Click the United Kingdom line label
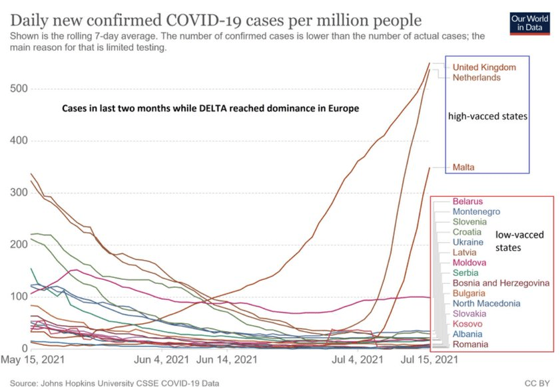(x=484, y=67)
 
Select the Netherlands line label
(x=476, y=78)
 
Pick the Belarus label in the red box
(x=467, y=201)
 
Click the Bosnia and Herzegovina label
(x=496, y=283)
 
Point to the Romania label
(x=470, y=344)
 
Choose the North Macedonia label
(x=485, y=303)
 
